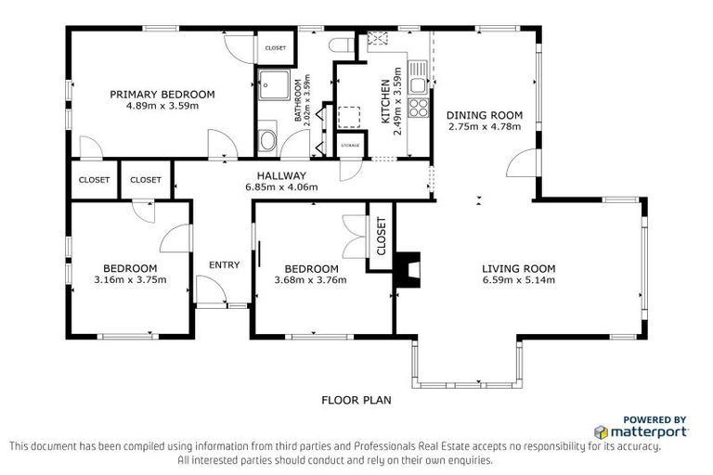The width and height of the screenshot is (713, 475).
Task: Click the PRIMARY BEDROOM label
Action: [x=162, y=94]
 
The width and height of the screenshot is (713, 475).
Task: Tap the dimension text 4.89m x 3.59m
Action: [x=162, y=105]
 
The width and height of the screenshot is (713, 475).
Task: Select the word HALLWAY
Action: [x=282, y=175]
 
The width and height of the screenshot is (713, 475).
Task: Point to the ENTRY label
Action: [x=224, y=265]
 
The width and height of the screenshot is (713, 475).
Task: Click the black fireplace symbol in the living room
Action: [x=406, y=270]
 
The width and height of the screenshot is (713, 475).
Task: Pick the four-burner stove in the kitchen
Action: [x=419, y=108]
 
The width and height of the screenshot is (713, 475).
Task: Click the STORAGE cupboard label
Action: [x=350, y=146]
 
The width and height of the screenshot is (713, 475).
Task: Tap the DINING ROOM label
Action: [x=485, y=115]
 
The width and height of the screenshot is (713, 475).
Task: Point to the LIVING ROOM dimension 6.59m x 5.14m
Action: [x=518, y=279]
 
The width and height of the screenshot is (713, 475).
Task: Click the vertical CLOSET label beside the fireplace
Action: [x=381, y=236]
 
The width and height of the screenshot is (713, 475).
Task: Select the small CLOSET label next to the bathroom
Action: [x=276, y=47]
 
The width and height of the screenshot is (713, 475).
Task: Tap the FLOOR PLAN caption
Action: [x=356, y=401]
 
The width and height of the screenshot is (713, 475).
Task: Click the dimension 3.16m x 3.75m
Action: [x=130, y=279]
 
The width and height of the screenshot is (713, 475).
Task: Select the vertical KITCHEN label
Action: [x=384, y=102]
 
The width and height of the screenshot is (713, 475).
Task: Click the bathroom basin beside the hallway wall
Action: [x=267, y=141]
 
